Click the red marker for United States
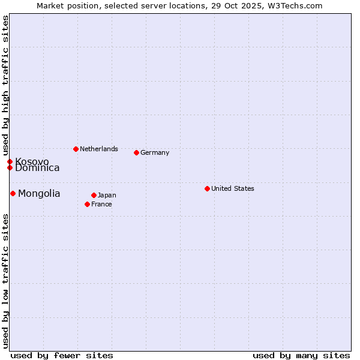click(x=207, y=188)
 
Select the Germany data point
click(x=136, y=152)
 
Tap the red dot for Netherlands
click(x=76, y=149)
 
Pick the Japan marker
click(x=94, y=195)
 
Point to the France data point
click(x=87, y=204)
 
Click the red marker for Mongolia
click(x=13, y=193)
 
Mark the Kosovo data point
click(x=10, y=161)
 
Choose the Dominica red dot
click(x=10, y=167)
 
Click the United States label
click(x=232, y=188)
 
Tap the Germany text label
click(x=155, y=152)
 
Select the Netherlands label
click(x=98, y=149)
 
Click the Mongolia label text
click(x=39, y=193)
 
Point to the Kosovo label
click(x=32, y=161)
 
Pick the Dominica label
click(x=37, y=168)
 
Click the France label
click(x=101, y=204)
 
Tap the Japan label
click(x=107, y=195)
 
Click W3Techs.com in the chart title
click(x=295, y=5)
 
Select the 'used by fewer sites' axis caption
click(x=62, y=355)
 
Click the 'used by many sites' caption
click(x=301, y=355)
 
